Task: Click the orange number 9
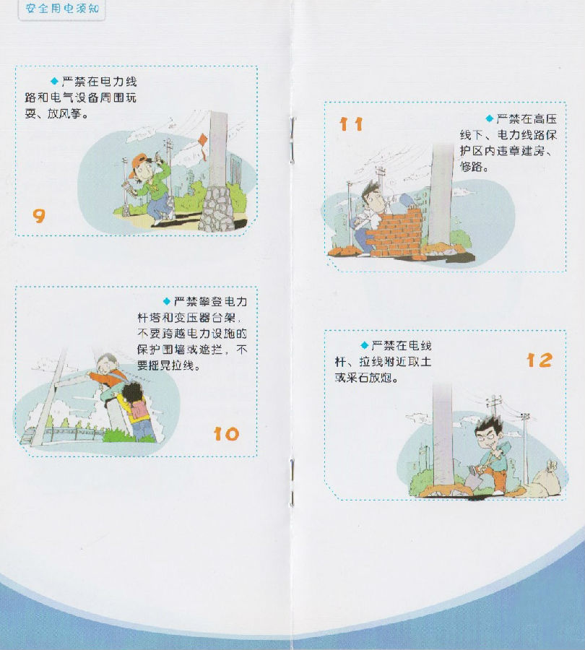pos(38,215)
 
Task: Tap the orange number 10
pos(226,434)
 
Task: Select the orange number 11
pos(351,124)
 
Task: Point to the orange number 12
pos(539,360)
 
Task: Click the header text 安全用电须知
pos(62,8)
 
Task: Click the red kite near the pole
pos(203,144)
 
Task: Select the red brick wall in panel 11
pos(396,233)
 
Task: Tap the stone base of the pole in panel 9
pos(217,209)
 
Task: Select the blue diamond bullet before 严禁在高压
pos(490,119)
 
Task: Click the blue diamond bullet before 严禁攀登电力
pos(167,301)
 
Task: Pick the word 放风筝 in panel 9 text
pos(63,113)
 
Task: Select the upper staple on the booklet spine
pos(292,139)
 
